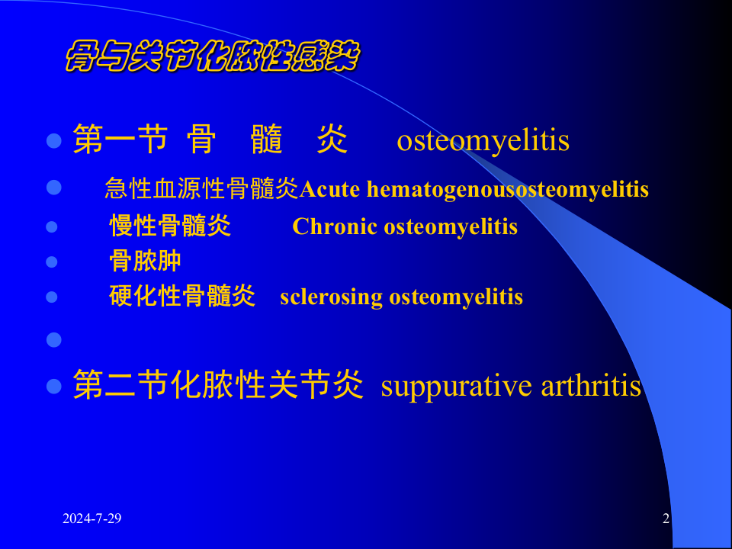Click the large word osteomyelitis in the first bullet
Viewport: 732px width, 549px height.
483,141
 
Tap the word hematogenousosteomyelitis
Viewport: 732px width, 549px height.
508,189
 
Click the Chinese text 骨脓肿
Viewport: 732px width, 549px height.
146,262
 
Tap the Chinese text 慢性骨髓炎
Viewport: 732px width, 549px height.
170,226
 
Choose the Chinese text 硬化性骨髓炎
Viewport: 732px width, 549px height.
182,297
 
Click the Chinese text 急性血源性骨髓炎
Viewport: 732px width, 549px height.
201,189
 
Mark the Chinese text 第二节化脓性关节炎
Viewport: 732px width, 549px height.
217,387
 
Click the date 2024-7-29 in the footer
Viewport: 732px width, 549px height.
92,519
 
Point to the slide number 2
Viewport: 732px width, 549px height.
666,519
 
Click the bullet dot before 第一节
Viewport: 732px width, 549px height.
53,141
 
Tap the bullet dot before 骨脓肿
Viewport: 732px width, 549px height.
52,262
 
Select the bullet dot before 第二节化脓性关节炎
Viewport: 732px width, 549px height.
53,386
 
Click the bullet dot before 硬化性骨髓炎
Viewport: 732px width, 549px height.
52,297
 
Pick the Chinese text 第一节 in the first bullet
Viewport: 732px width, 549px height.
120,141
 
